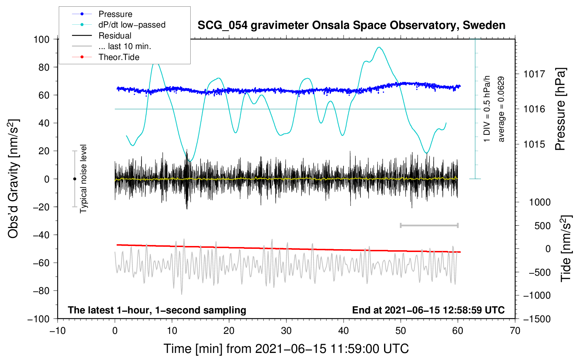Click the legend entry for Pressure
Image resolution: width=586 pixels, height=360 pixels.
click(x=115, y=14)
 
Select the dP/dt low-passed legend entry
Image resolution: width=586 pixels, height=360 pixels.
click(x=132, y=25)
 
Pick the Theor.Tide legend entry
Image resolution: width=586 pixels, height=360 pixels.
click(x=119, y=57)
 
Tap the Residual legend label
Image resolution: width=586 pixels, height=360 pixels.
click(x=115, y=36)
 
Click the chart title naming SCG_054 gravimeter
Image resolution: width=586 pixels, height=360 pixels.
click(x=351, y=25)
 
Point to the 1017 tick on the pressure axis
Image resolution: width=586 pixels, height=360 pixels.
click(x=534, y=74)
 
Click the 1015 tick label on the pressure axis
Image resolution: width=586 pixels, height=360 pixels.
click(x=534, y=144)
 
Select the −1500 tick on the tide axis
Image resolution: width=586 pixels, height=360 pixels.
click(x=537, y=319)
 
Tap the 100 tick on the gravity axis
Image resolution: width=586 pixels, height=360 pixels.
click(x=41, y=39)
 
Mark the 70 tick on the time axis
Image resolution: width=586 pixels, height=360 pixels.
click(x=515, y=331)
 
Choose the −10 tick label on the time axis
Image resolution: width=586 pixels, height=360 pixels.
click(x=58, y=331)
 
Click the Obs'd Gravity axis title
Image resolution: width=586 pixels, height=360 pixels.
click(x=13, y=179)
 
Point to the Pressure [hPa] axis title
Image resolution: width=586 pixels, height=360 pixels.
click(x=560, y=109)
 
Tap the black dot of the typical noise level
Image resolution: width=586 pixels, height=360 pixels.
click(x=74, y=179)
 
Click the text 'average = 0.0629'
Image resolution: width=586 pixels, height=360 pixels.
click(x=501, y=109)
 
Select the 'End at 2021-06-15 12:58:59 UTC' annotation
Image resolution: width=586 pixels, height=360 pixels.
click(x=428, y=310)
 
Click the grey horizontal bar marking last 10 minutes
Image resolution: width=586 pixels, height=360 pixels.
click(x=429, y=225)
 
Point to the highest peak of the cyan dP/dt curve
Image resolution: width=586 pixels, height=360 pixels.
click(x=379, y=47)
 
